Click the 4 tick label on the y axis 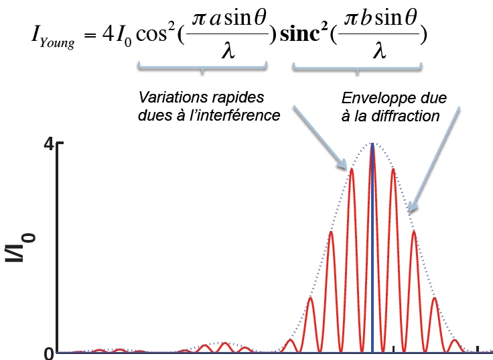pyautogui.click(x=48, y=143)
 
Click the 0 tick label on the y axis pyautogui.click(x=48, y=353)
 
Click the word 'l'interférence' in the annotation pyautogui.click(x=242, y=115)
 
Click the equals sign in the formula pyautogui.click(x=86, y=35)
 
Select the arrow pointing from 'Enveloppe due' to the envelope pyautogui.click(x=435, y=158)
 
